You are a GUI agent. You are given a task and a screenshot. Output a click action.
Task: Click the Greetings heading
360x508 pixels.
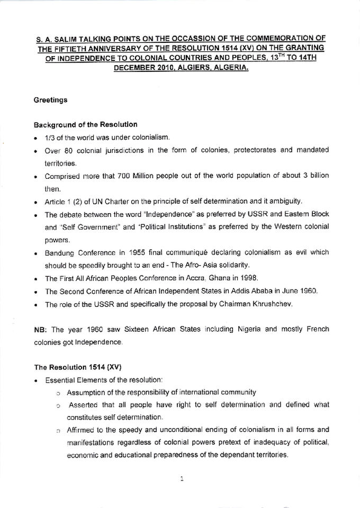tap(50, 99)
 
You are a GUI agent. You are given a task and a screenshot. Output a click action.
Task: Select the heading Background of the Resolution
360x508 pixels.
tap(85, 125)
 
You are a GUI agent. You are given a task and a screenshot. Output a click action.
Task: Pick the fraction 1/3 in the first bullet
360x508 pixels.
tap(51, 138)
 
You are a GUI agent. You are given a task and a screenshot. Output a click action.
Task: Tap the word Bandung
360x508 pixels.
tap(60, 253)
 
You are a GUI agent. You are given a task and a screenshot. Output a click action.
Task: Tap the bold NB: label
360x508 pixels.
tap(41, 329)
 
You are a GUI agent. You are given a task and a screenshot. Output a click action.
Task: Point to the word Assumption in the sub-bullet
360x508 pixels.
tap(87, 392)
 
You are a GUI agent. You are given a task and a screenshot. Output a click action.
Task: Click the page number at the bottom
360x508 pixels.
tap(181, 479)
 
